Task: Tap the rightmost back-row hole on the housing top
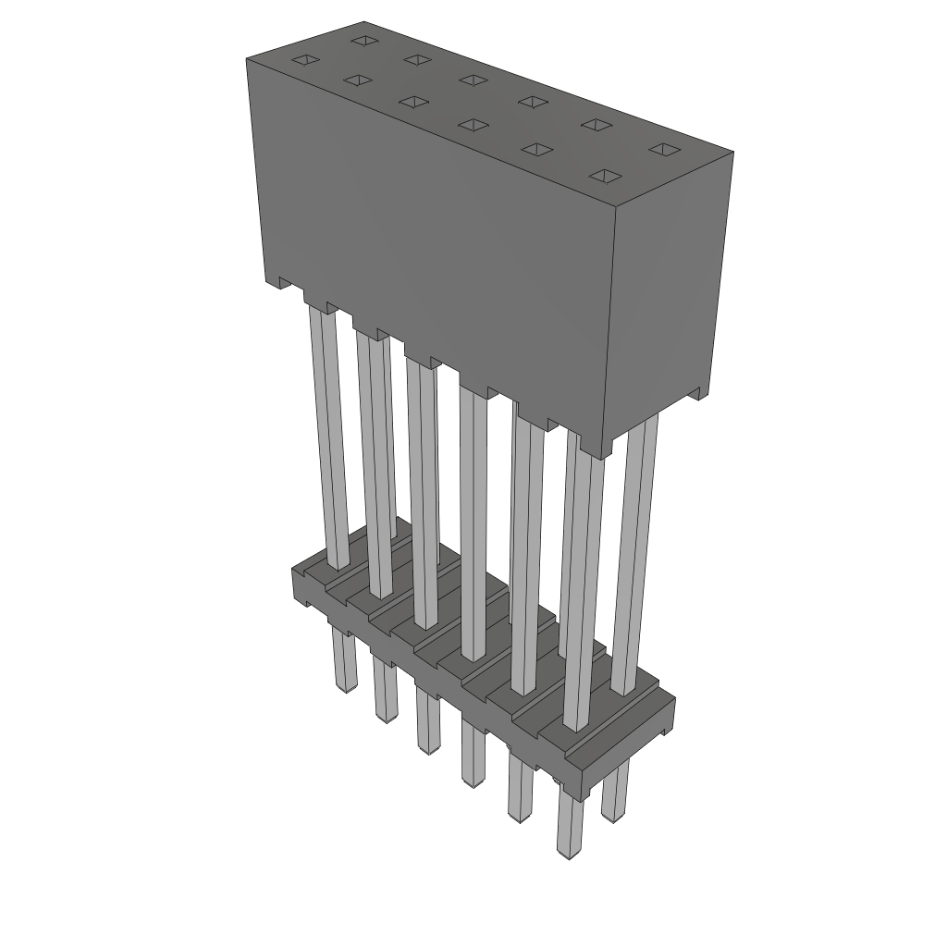[x=664, y=149]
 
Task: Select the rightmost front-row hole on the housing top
[x=605, y=176]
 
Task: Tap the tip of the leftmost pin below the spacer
[x=345, y=687]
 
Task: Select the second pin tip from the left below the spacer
[x=386, y=716]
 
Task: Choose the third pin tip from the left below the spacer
[x=428, y=747]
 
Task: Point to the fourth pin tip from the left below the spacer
[x=473, y=781]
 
